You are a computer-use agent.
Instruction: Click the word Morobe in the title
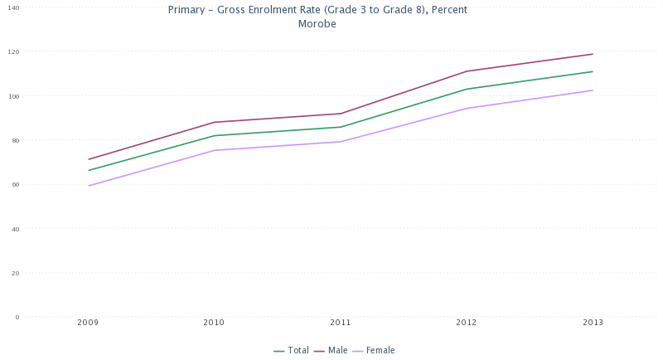[317, 24]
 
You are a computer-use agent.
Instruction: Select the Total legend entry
[297, 350]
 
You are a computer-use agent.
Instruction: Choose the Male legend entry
[337, 350]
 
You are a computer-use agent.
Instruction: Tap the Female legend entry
[380, 350]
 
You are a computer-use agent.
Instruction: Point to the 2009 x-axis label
[89, 322]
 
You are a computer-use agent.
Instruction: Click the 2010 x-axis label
[215, 322]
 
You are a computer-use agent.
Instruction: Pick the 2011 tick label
[341, 322]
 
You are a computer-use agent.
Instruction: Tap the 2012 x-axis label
[467, 322]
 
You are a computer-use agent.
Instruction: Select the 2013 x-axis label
[593, 322]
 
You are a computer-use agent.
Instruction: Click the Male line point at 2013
[593, 54]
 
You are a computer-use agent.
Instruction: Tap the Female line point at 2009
[89, 186]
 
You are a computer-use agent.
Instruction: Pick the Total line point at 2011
[341, 127]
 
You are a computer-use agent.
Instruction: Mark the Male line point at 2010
[215, 122]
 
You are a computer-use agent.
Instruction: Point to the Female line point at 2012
[467, 108]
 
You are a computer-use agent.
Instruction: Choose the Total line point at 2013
[593, 71]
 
